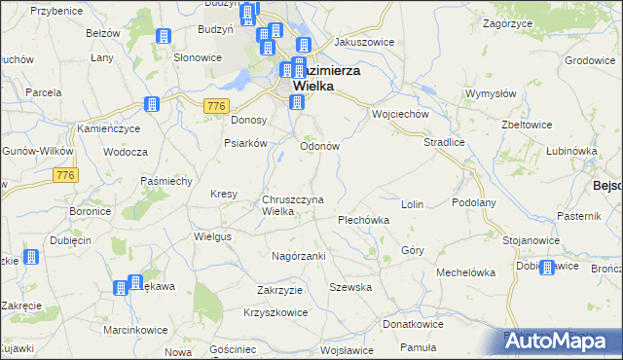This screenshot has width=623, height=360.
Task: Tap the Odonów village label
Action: click(x=318, y=146)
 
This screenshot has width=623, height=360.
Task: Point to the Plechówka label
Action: click(x=363, y=220)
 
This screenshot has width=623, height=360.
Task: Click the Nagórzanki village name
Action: click(x=298, y=255)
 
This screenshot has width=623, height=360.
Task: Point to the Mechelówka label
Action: click(x=466, y=272)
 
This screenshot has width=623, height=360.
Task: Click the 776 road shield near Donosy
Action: click(x=216, y=105)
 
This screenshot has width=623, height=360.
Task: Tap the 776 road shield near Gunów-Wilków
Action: click(x=65, y=174)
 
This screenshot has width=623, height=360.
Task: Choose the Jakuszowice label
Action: click(x=360, y=44)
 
